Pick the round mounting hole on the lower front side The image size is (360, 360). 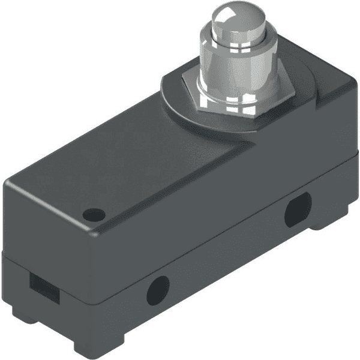click(157, 290)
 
